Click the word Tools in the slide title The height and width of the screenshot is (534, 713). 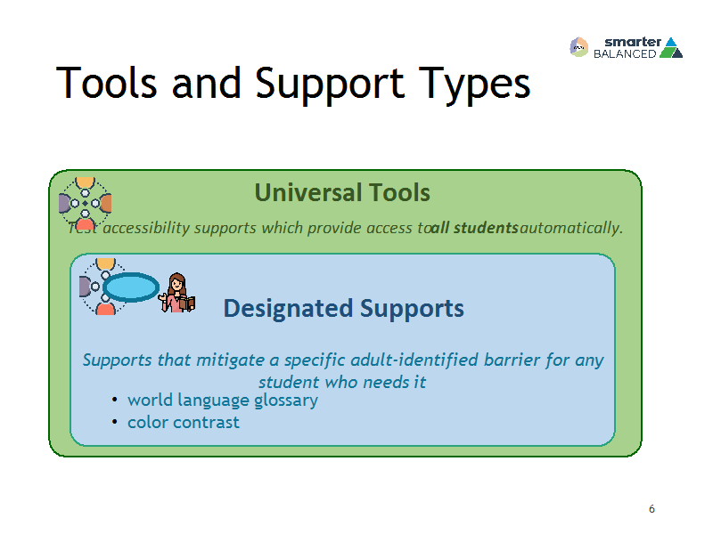click(106, 83)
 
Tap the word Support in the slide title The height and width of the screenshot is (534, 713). click(330, 85)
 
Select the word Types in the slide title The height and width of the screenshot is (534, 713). click(474, 85)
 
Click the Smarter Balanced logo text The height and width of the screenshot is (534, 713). click(627, 48)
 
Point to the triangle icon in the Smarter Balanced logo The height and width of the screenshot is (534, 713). click(671, 48)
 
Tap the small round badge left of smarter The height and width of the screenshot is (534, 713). click(578, 47)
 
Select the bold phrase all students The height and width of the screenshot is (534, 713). click(474, 228)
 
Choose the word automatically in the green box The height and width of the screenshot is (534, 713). click(571, 228)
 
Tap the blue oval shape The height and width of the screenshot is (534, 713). click(131, 287)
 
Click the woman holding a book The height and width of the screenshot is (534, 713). click(176, 293)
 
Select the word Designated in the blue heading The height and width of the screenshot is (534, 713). click(288, 308)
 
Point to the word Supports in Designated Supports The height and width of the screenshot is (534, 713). click(412, 309)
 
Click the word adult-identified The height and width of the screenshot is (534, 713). click(414, 360)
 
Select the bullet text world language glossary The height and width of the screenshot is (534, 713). click(223, 400)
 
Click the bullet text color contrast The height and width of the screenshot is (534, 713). click(184, 422)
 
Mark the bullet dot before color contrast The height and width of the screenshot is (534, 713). click(115, 422)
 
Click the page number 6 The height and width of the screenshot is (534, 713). click(652, 508)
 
